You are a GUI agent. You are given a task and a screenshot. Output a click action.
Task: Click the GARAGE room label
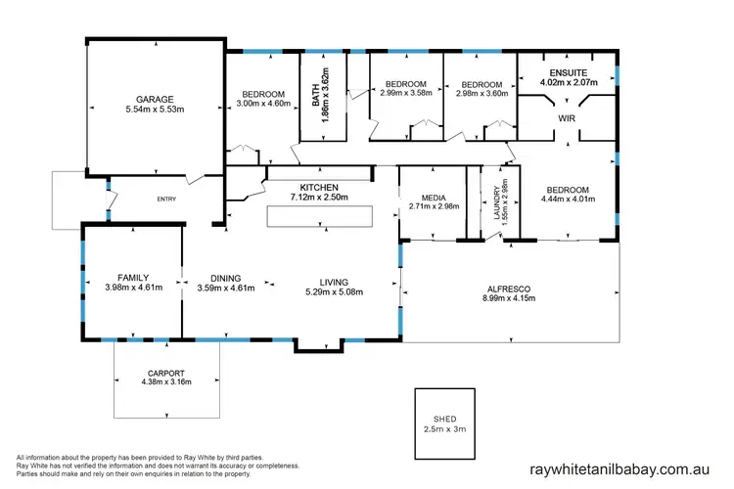pyautogui.click(x=155, y=100)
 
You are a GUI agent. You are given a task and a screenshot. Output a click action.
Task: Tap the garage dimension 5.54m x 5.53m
pyautogui.click(x=155, y=110)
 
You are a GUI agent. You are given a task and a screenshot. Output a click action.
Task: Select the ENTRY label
pyautogui.click(x=166, y=200)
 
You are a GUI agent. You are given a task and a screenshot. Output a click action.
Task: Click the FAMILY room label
pyautogui.click(x=132, y=278)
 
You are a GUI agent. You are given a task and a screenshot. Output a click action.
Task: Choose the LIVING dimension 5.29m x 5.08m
pyautogui.click(x=334, y=291)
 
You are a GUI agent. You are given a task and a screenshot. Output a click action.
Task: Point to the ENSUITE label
pyautogui.click(x=568, y=72)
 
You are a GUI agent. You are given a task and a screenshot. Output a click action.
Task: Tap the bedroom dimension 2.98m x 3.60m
pyautogui.click(x=481, y=94)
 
